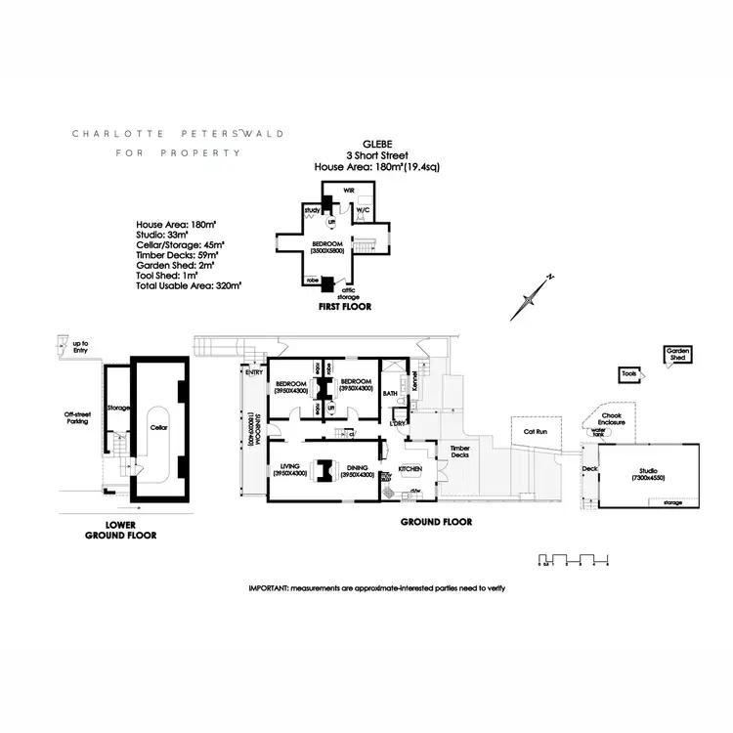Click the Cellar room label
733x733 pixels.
pyautogui.click(x=157, y=427)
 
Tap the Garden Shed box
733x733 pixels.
pyautogui.click(x=676, y=354)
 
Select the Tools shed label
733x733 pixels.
pyautogui.click(x=629, y=373)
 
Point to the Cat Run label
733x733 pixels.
pyautogui.click(x=533, y=430)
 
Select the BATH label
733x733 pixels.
pyautogui.click(x=389, y=393)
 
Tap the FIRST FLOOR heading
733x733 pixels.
pyautogui.click(x=344, y=306)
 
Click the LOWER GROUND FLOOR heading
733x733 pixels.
pyautogui.click(x=120, y=531)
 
